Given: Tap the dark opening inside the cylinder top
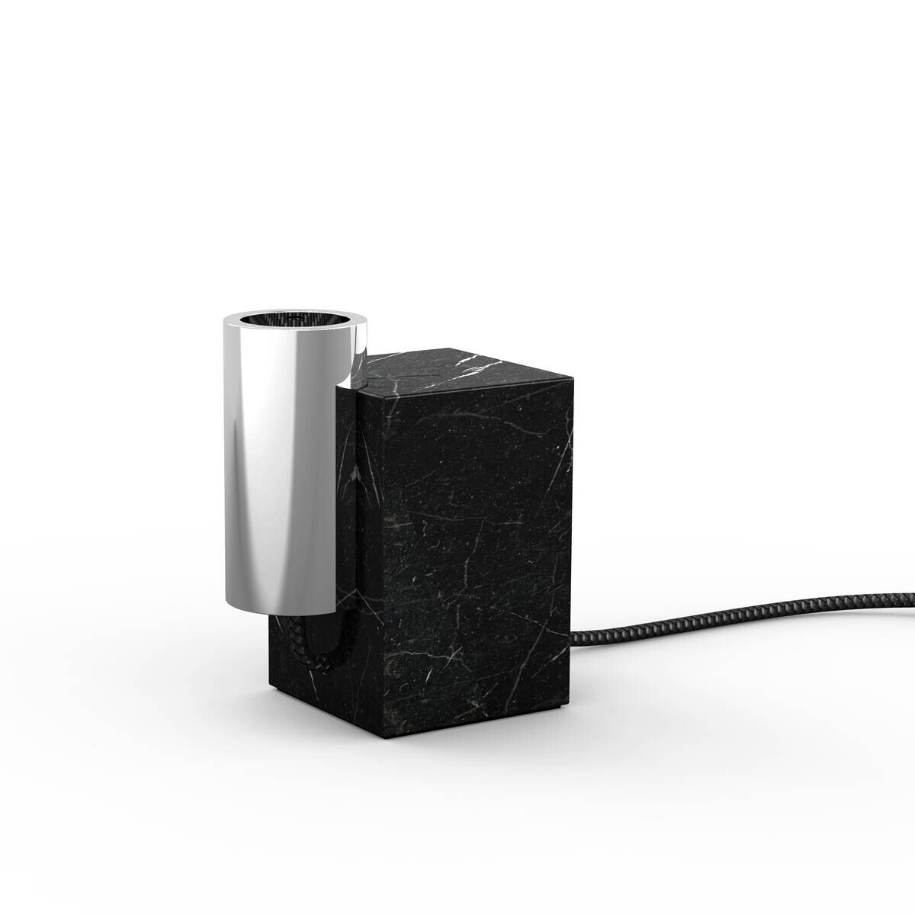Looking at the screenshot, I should pyautogui.click(x=296, y=319).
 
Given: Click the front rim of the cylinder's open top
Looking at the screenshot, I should pyautogui.click(x=296, y=335).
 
